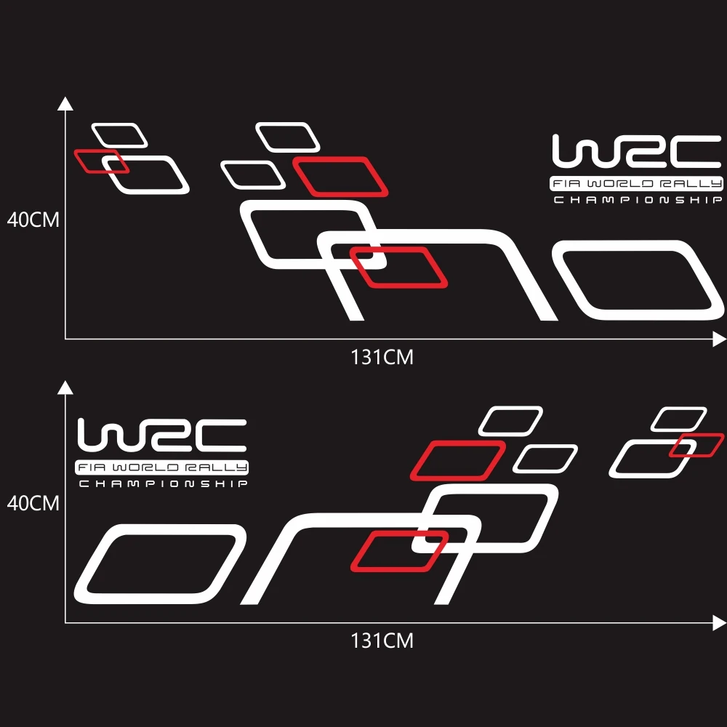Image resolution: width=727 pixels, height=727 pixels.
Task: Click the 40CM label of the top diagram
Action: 33,220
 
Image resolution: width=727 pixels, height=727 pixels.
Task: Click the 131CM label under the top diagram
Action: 382,357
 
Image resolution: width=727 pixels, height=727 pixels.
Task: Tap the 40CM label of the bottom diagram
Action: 33,502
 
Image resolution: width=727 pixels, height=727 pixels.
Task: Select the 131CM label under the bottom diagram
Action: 382,640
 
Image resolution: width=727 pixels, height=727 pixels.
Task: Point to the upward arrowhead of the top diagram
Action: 65,103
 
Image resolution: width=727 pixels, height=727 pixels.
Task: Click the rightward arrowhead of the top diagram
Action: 719,339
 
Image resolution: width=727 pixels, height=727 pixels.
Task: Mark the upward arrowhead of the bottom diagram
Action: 65,386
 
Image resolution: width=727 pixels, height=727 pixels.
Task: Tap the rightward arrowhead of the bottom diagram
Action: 719,622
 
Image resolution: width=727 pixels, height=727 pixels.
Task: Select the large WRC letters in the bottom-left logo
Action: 162,435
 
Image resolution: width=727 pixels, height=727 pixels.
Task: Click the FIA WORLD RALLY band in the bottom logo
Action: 162,467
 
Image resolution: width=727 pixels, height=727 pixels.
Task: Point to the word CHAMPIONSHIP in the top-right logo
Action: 637,200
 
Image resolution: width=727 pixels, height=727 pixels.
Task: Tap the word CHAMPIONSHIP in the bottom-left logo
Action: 162,483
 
